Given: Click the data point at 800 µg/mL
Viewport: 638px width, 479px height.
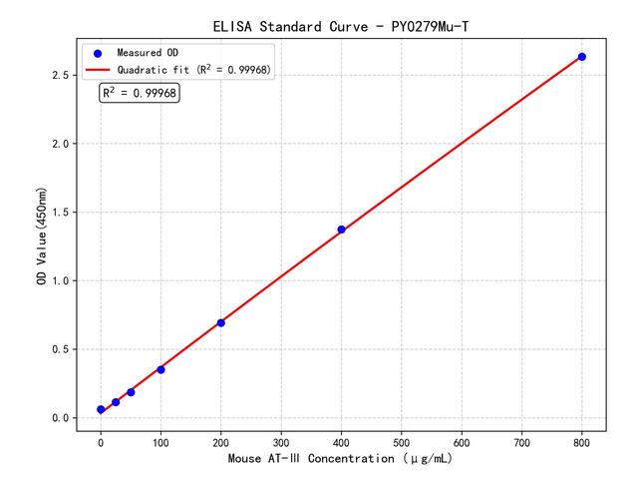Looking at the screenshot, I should [582, 57].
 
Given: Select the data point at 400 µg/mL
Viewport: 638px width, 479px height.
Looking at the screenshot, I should [341, 230].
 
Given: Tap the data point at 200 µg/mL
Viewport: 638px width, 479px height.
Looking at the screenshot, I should [220, 322].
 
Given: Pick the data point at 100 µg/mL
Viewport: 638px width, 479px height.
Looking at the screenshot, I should [160, 369].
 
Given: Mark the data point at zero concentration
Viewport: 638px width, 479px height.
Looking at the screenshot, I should [101, 409].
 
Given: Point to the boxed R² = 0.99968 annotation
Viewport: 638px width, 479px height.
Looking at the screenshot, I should [140, 93].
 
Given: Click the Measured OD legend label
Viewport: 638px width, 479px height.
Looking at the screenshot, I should [147, 52].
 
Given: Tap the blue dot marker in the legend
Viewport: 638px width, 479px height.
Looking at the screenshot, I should [98, 52].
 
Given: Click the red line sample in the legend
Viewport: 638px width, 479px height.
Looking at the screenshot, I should [98, 69].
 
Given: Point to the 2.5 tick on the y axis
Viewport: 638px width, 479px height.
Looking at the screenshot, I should [62, 75].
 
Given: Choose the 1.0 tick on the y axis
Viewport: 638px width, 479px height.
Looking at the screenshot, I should [62, 280].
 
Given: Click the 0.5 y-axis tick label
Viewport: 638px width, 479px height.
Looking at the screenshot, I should [62, 349].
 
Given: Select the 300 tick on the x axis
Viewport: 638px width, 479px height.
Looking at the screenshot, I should [281, 441].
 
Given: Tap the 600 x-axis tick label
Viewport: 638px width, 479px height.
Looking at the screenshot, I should [462, 441].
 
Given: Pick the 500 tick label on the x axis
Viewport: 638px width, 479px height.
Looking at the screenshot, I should [402, 441].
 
